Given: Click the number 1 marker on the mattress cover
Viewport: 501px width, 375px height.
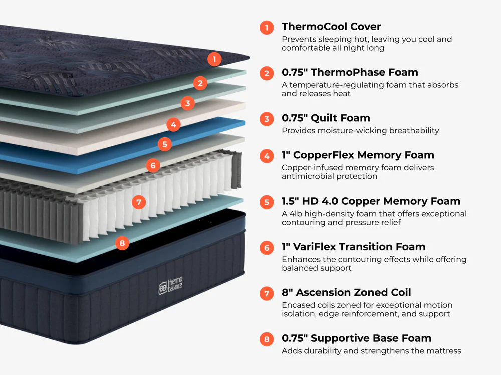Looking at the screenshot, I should pos(214,59).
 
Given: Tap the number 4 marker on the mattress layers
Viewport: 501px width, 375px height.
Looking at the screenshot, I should pos(173,124).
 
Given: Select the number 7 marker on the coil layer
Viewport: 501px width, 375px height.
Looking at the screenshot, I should pos(139,203).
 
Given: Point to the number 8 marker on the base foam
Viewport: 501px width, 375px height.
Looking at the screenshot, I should pos(122,244).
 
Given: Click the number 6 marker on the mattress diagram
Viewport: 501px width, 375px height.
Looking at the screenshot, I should pos(153,165).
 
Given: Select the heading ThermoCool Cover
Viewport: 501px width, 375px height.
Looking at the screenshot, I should pos(331,27).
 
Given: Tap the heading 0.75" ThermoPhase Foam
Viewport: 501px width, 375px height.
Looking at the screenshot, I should pos(350,72).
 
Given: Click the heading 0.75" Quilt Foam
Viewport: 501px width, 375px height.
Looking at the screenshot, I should pos(326,118).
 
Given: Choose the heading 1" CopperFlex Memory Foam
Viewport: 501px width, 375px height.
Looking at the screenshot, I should pos(358,155).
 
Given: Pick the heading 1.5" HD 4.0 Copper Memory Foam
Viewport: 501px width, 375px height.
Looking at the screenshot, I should pos(371,201).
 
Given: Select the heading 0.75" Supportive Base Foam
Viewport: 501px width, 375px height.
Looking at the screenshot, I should pos(356,338).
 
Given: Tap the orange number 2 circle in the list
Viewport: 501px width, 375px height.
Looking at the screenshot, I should pos(267,73).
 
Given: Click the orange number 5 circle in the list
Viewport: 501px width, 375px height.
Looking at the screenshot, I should pos(267,202).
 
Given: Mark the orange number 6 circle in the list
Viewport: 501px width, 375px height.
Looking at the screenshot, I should pos(267,248).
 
